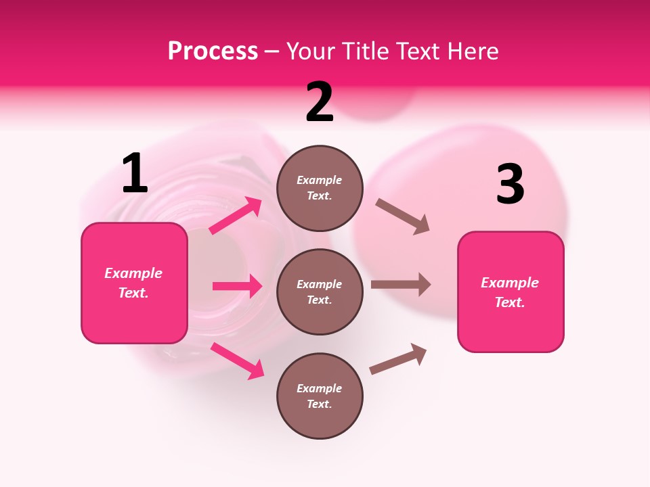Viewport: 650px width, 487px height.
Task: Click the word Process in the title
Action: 213,51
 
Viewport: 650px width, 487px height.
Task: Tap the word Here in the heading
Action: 470,51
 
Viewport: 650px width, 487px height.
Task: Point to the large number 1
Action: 135,174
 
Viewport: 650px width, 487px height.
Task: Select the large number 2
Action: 320,102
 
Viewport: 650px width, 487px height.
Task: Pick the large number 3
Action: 510,185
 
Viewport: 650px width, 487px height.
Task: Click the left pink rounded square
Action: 134,283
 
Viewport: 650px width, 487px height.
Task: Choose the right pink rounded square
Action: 511,292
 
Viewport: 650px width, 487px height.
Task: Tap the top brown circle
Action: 320,188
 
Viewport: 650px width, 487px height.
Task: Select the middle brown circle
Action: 320,292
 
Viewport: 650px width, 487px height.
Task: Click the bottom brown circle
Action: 320,396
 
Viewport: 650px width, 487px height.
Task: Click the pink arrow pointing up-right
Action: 236,216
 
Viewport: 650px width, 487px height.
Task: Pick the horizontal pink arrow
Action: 238,286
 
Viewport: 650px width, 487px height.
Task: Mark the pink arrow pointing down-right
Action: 238,361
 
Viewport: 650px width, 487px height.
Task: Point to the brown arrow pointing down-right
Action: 403,216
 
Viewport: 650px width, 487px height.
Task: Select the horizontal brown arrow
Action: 401,284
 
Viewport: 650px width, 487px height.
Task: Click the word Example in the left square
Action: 133,273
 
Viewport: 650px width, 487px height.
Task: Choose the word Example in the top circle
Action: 320,181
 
